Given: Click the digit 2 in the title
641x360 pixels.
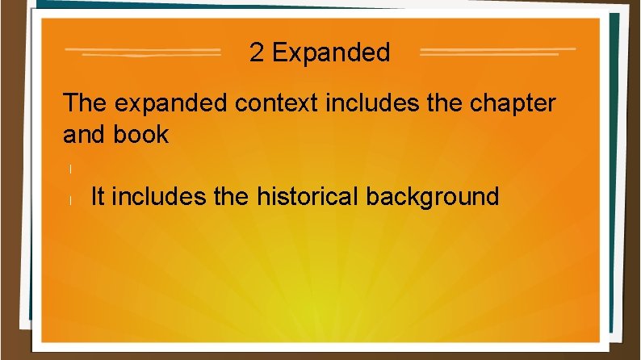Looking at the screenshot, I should [x=257, y=53].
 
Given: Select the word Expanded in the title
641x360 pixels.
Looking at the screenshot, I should [x=331, y=53].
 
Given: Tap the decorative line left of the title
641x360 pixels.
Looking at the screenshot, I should [x=142, y=52].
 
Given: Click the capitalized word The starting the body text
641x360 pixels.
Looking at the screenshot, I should [x=85, y=103].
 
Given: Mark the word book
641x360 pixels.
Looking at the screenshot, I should [x=140, y=134].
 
